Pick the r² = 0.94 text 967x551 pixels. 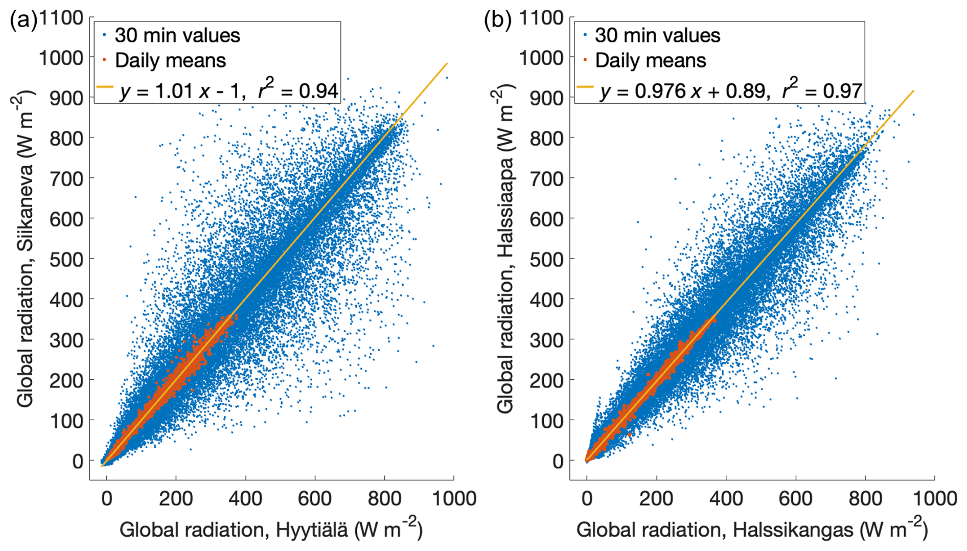click(298, 89)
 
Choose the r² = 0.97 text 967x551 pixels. click(822, 89)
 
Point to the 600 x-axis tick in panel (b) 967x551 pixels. click(795, 498)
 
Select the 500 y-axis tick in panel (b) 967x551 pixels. click(546, 259)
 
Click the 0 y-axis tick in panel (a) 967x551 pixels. click(78, 461)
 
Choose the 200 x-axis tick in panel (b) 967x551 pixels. click(656, 498)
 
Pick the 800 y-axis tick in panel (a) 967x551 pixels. click(66, 138)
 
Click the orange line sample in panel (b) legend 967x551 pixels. click(585, 87)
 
